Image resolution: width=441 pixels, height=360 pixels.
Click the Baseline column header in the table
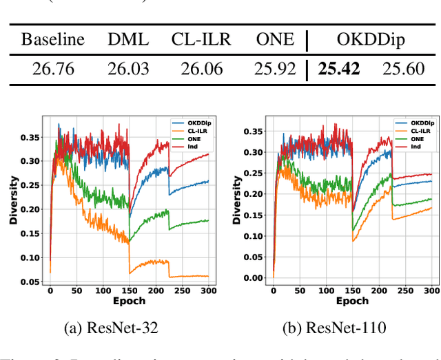pyautogui.click(x=53, y=39)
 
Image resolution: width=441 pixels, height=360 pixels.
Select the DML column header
pyautogui.click(x=128, y=39)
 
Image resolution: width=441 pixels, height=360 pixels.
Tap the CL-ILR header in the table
pyautogui.click(x=201, y=39)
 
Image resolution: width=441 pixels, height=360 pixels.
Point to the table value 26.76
pyautogui.click(x=53, y=69)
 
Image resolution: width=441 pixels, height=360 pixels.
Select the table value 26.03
pyautogui.click(x=128, y=69)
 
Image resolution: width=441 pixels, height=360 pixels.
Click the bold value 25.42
pyautogui.click(x=339, y=69)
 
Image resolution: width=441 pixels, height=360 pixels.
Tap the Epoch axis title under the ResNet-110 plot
pyautogui.click(x=353, y=301)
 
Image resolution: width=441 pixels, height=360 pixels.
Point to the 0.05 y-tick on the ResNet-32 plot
pyautogui.click(x=30, y=281)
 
